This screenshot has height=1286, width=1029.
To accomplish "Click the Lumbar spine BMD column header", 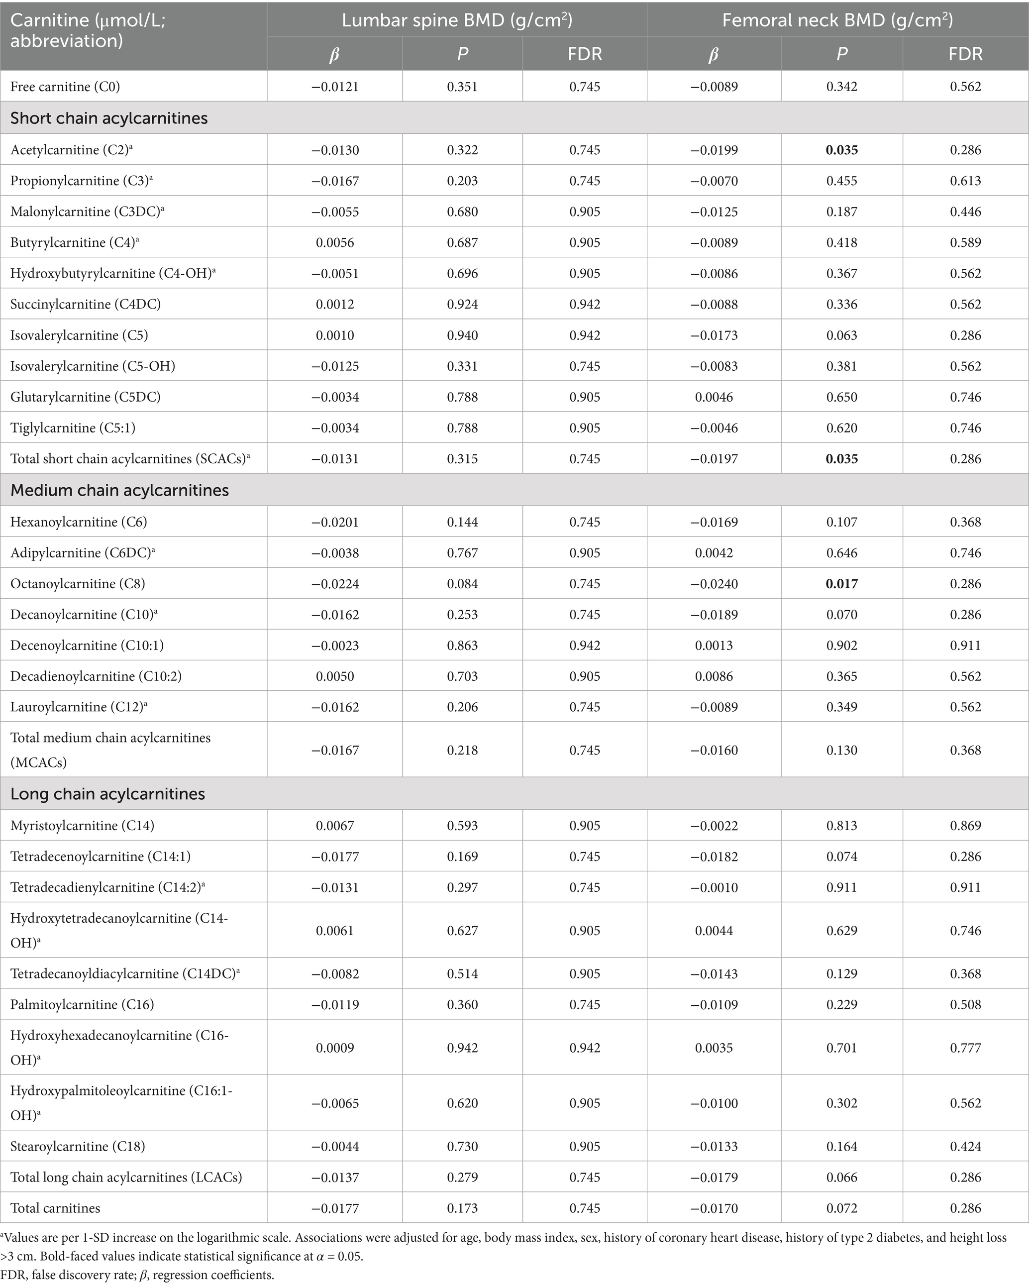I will coord(457,20).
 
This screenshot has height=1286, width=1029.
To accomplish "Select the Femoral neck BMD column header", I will coord(837,20).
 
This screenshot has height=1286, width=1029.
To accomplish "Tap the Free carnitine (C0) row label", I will coord(65,87).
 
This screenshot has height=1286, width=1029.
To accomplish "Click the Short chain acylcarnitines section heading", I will coord(109,118).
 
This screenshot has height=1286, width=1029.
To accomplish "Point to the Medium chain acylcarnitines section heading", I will coord(119,490).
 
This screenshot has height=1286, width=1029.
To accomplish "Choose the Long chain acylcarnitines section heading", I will coord(107,794).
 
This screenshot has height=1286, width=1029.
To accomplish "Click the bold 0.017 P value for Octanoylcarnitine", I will coord(842,584).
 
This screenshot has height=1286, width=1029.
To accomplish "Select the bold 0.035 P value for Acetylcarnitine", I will coord(842,150).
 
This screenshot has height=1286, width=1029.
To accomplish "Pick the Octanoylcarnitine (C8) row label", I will coord(78,584).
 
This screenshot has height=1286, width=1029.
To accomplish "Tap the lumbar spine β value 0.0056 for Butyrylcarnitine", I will coord(335,243).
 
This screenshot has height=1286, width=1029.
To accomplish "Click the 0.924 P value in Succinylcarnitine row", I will coord(462,304).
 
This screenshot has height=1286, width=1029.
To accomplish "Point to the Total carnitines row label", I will coord(55,1208).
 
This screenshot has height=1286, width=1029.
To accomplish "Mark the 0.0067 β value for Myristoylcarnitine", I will coord(335,826).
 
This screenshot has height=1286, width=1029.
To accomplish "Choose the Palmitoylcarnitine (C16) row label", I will coord(82,1004).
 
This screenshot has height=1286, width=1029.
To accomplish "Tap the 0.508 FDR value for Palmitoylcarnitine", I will coord(965,1004).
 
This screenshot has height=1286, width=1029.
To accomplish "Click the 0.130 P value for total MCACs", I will coord(842,750).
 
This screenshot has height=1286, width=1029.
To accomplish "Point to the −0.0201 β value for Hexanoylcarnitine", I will coord(335,522).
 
